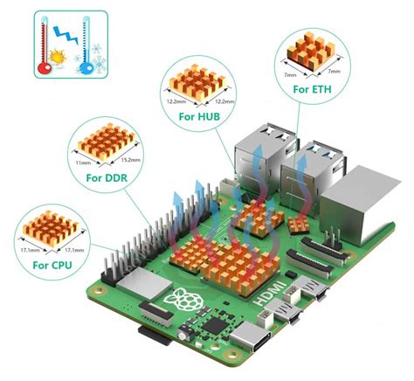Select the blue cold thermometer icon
pos(86,45)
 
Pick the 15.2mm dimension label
pos(131,161)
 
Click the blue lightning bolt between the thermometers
pos(63,33)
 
